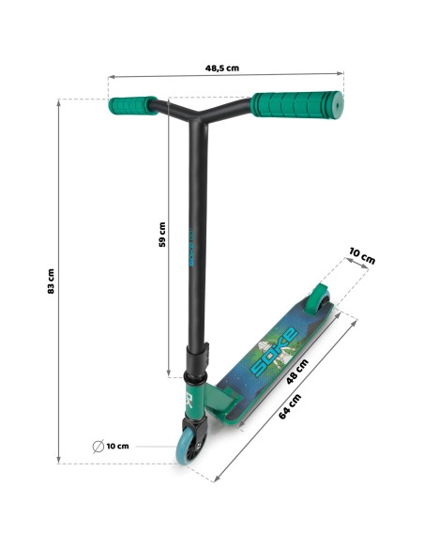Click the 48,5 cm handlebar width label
(222, 68)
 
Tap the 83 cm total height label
(51, 281)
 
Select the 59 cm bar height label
(162, 235)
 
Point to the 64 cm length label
(290, 406)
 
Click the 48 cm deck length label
(297, 372)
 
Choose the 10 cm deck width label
(362, 257)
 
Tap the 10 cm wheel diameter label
(117, 447)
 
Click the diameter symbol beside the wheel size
(98, 447)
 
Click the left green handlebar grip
(132, 105)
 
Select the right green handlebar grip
(297, 105)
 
